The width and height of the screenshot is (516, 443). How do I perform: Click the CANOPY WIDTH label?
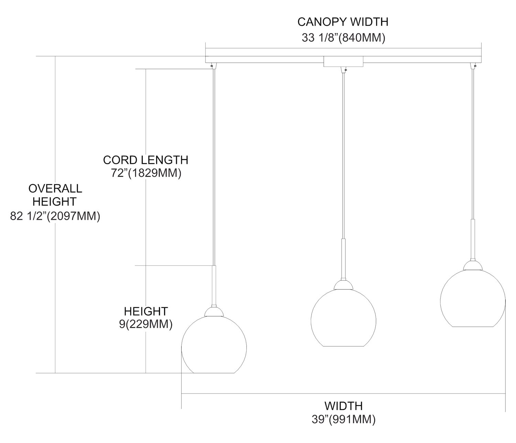click(343, 22)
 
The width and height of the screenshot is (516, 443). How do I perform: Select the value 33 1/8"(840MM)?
click(343, 37)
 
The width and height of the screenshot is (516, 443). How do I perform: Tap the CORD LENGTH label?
click(146, 160)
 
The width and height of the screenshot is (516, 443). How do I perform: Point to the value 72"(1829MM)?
click(146, 173)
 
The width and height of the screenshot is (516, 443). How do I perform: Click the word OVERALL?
click(55, 188)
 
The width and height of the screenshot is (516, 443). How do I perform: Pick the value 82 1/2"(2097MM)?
click(55, 216)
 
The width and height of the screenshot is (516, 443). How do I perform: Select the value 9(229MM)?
click(146, 324)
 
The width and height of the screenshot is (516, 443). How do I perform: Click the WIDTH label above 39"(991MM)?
click(343, 406)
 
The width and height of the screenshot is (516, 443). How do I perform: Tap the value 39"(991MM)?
click(343, 420)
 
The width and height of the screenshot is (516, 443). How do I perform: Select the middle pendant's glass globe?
click(343, 318)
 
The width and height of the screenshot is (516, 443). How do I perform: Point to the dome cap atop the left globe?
click(214, 312)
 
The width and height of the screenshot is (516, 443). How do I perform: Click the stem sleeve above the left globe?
click(214, 285)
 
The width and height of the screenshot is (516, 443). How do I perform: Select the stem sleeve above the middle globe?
click(343, 258)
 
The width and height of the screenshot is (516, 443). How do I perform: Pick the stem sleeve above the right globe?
click(473, 239)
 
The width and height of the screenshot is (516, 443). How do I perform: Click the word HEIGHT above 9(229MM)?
click(146, 311)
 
